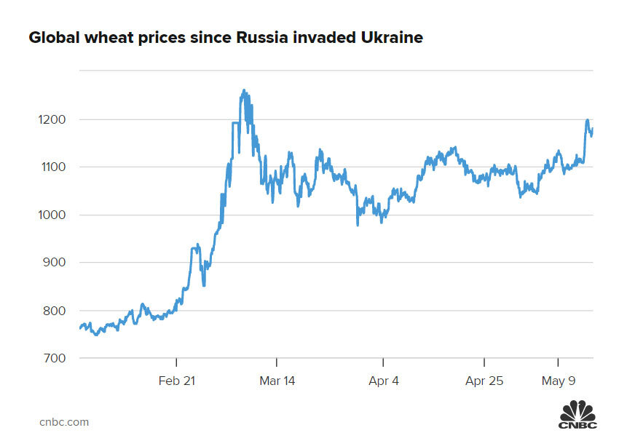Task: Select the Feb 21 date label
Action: pyautogui.click(x=177, y=381)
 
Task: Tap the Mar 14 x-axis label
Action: pyautogui.click(x=277, y=381)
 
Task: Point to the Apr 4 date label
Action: pyautogui.click(x=383, y=381)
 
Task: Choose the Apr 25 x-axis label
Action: pyautogui.click(x=484, y=381)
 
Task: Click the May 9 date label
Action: pyautogui.click(x=558, y=381)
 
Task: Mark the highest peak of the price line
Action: pyautogui.click(x=244, y=90)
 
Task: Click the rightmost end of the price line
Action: pyautogui.click(x=593, y=129)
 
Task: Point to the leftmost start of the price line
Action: pyautogui.click(x=79, y=329)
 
